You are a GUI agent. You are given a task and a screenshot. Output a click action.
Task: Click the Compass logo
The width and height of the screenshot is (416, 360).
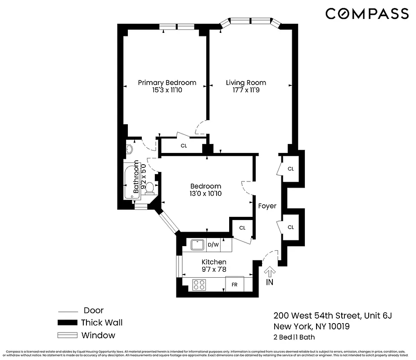pos(367,14)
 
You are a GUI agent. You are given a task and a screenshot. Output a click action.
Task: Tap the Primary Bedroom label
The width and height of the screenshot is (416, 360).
pos(167,82)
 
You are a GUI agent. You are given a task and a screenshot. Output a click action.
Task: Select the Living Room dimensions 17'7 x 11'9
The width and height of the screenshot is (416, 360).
pos(246,90)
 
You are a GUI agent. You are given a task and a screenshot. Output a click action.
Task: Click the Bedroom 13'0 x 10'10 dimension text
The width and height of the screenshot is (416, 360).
pos(205,193)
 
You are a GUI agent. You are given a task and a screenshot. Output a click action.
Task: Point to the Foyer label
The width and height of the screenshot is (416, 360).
pos(267,206)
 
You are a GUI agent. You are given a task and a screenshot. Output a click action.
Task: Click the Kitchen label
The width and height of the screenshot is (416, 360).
pos(214,262)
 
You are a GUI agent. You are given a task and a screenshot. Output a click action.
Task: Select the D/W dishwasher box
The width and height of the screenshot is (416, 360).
pos(213,245)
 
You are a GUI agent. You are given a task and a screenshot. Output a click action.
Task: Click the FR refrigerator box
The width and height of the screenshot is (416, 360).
pos(235,284)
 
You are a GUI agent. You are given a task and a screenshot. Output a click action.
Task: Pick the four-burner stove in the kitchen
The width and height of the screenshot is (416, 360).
pos(199,284)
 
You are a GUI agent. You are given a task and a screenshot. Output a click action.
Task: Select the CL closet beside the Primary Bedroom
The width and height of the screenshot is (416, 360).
pos(183,145)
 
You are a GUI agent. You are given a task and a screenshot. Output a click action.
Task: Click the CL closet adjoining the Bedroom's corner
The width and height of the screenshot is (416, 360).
pos(242,228)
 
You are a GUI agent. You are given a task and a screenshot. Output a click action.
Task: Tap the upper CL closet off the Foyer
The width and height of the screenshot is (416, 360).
pos(291,169)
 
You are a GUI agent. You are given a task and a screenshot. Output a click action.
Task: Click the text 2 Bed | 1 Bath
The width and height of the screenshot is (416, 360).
pos(294,337)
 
